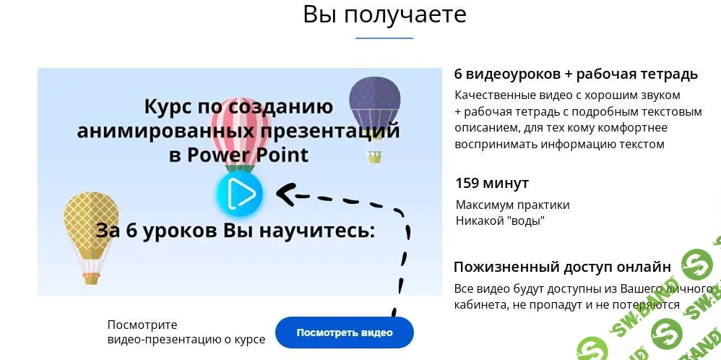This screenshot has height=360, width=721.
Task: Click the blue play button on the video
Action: [x=239, y=194]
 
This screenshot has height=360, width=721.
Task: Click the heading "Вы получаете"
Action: [x=384, y=14]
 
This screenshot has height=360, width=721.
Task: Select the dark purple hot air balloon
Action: [x=374, y=101]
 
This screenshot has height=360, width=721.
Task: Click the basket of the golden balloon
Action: [x=91, y=277]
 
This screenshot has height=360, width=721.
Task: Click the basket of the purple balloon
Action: [x=374, y=157]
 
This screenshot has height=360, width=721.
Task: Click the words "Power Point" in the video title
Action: [x=258, y=155]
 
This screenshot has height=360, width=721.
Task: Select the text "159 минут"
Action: [x=492, y=183]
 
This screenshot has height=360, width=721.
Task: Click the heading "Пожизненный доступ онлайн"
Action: [x=562, y=266]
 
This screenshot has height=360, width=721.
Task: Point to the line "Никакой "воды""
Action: [x=500, y=220]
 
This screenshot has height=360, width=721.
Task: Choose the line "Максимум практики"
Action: [x=513, y=205]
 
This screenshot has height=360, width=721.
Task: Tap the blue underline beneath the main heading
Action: [x=384, y=38]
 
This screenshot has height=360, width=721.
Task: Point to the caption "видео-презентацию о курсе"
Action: [x=186, y=339]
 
